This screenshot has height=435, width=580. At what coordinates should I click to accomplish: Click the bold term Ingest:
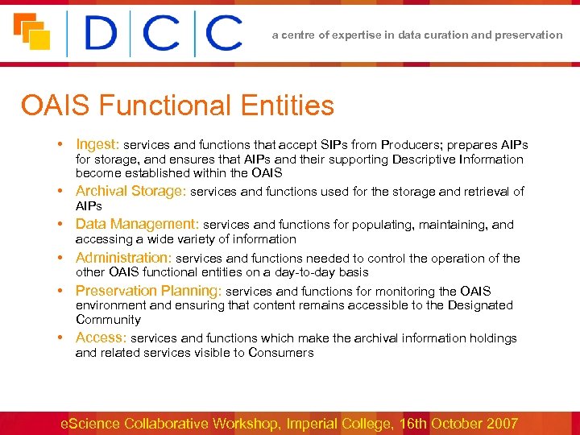[x=97, y=144]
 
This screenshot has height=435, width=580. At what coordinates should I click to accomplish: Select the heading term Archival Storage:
[x=130, y=191]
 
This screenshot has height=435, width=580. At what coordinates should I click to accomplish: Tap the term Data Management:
[x=137, y=224]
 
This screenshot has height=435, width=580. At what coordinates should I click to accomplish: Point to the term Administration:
[x=123, y=258]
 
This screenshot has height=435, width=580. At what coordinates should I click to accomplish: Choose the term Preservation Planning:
[x=148, y=291]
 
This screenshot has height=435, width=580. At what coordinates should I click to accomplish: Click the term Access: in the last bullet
[x=101, y=338]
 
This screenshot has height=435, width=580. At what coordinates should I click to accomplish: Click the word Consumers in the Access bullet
[x=281, y=353]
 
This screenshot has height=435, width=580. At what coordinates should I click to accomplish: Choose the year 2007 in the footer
[x=500, y=423]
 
